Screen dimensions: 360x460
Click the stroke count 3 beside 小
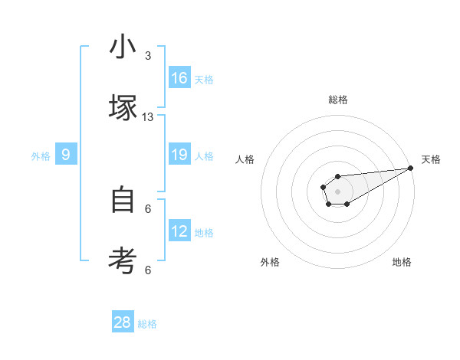(x=148, y=56)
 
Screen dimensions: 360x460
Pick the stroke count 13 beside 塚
(x=148, y=116)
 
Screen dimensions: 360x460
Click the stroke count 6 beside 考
(x=148, y=270)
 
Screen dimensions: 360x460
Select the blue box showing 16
(x=179, y=78)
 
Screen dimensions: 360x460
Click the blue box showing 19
(x=179, y=155)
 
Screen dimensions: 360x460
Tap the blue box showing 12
(x=179, y=231)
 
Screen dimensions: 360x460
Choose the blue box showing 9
(x=66, y=155)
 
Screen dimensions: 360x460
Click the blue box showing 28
(x=123, y=322)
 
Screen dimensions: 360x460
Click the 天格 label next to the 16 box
(x=204, y=79)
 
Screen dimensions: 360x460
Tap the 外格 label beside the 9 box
(x=41, y=155)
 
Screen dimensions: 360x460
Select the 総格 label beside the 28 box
(x=147, y=323)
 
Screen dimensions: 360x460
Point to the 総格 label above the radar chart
(x=338, y=100)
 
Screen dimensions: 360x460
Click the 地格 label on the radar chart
(x=402, y=262)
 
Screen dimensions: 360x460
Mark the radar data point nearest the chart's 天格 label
(x=411, y=168)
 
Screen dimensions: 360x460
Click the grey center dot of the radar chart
(x=337, y=191)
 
